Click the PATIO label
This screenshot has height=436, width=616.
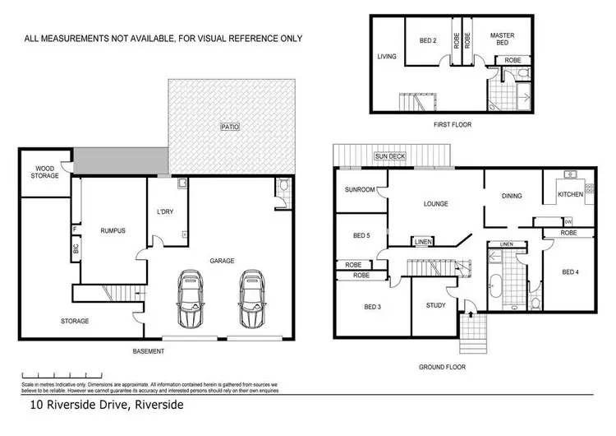(229, 127)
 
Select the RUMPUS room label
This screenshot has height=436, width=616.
(113, 231)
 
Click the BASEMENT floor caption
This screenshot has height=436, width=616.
(149, 351)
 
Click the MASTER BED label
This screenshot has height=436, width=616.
(502, 39)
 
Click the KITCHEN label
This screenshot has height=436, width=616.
(570, 194)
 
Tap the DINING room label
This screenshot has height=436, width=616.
(513, 196)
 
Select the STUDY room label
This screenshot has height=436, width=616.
(435, 306)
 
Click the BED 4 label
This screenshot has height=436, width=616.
(571, 271)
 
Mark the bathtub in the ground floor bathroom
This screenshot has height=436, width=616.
(495, 285)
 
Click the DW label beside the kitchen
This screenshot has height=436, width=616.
(568, 221)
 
